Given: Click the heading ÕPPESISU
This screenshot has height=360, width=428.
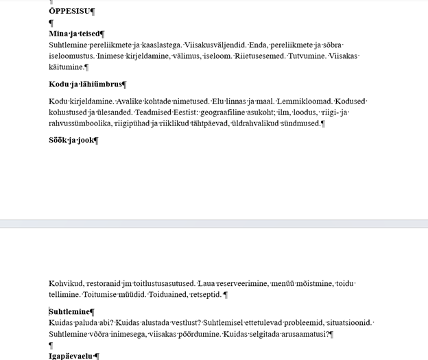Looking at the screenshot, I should [71, 11].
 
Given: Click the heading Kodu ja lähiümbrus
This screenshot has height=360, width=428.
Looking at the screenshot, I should [86, 84].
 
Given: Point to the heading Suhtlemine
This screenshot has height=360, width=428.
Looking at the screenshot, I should [71, 312].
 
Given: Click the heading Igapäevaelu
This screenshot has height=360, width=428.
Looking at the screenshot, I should [72, 357].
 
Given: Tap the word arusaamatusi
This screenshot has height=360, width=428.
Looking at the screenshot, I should [305, 334].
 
